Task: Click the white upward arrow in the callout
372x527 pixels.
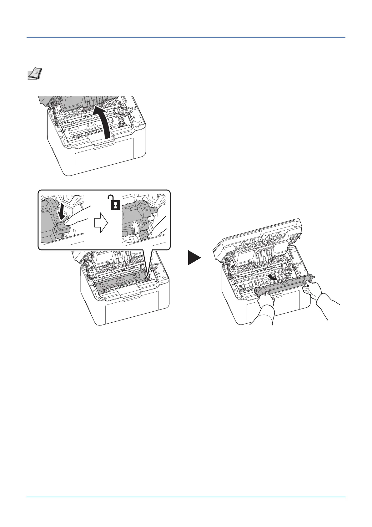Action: click(135, 225)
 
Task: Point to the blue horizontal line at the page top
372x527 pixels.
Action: click(186, 38)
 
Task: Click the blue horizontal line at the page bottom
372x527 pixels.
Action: click(186, 497)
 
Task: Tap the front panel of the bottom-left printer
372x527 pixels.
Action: click(131, 313)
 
